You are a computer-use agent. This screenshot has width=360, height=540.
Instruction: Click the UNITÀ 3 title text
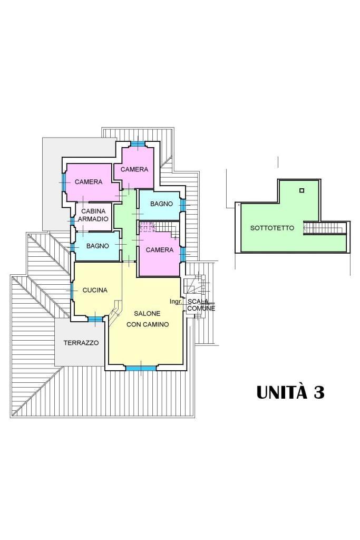[x=290, y=393]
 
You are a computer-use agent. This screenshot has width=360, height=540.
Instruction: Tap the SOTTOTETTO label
[x=272, y=228]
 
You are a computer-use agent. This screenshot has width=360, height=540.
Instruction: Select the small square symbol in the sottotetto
[x=301, y=190]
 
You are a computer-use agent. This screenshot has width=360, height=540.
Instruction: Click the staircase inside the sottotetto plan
[x=324, y=228]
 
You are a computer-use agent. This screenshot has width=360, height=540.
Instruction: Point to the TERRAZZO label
[x=81, y=343]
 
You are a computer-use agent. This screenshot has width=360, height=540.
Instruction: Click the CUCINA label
[x=95, y=290]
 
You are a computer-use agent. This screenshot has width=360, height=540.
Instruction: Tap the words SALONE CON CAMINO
[x=148, y=319]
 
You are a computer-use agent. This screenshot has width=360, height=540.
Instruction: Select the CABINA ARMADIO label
[x=93, y=215]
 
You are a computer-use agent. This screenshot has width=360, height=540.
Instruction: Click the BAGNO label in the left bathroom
[x=98, y=246]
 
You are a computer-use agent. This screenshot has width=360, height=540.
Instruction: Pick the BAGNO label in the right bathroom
[x=161, y=204]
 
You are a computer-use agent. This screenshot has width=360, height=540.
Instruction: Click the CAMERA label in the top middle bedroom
[x=134, y=169]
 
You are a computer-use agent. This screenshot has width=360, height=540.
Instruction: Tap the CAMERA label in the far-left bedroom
[x=89, y=182]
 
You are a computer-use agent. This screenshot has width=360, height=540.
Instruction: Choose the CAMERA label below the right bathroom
[x=159, y=250]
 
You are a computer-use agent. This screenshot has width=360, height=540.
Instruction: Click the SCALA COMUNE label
[x=201, y=305]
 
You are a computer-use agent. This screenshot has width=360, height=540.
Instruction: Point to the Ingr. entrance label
[x=176, y=302]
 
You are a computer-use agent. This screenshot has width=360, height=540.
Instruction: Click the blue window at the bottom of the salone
[x=141, y=368]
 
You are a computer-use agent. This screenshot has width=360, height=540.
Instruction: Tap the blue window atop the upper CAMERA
[x=138, y=144]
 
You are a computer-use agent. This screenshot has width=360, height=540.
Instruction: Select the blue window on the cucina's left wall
[x=71, y=290]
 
